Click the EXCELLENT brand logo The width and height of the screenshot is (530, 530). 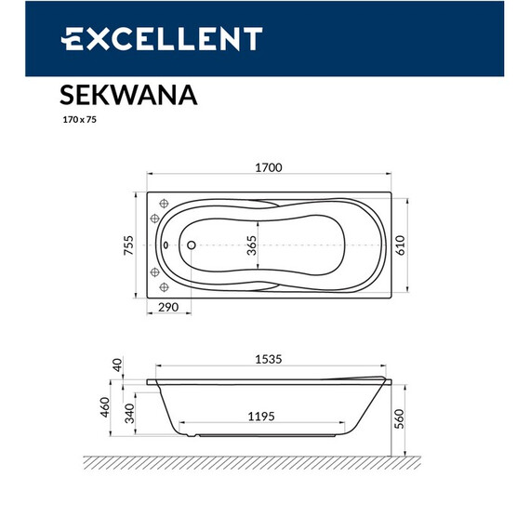click(162, 38)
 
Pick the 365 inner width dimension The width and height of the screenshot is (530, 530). click(251, 245)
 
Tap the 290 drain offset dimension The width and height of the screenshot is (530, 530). click(168, 308)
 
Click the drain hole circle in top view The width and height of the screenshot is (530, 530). click(191, 246)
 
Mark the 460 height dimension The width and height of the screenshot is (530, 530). click(105, 407)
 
